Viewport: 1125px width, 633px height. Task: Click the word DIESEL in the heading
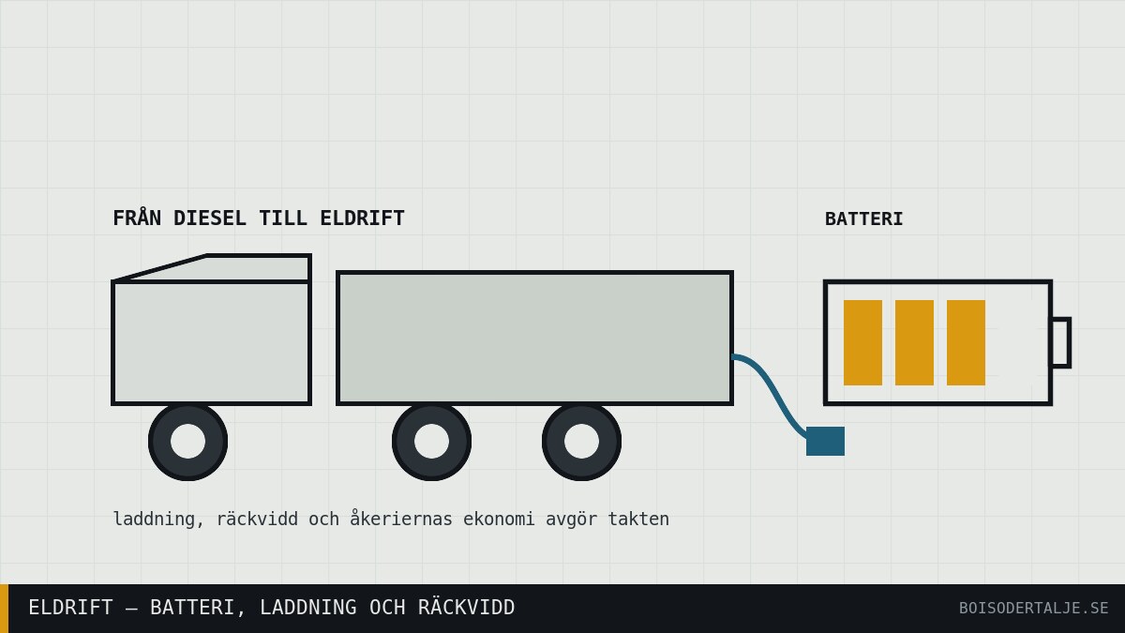(209, 219)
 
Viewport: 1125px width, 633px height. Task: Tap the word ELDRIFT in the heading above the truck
(362, 219)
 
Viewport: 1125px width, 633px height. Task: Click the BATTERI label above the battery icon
(863, 219)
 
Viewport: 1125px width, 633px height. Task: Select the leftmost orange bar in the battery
(862, 342)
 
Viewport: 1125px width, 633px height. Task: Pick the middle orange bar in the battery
(915, 342)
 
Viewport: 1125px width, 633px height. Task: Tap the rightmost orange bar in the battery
(966, 342)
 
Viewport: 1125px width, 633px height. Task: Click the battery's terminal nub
(1060, 342)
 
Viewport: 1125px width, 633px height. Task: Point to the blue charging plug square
(825, 441)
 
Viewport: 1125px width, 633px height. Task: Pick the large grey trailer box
(535, 339)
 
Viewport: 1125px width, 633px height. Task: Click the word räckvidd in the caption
(257, 519)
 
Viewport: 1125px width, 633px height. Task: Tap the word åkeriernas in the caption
(401, 519)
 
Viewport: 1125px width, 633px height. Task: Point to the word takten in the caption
(638, 519)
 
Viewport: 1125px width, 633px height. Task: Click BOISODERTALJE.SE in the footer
(1033, 609)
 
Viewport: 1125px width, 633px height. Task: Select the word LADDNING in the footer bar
(307, 608)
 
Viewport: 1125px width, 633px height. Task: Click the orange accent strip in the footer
(4, 609)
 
